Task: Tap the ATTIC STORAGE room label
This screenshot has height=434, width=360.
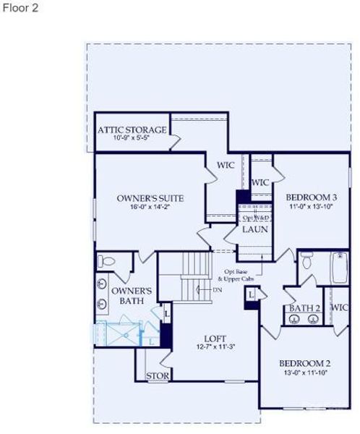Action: pos(132,130)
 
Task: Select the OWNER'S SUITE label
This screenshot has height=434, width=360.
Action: pos(150,197)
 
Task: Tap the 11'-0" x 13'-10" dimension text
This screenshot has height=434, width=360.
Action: pos(311,207)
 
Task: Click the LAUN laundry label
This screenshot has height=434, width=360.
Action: pos(254,229)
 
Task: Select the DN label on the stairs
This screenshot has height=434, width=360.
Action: pos(217,290)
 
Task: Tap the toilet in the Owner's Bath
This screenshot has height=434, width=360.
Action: pos(103,261)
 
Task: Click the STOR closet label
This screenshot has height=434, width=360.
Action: pos(157,376)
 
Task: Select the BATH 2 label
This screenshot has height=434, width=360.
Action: pos(304,309)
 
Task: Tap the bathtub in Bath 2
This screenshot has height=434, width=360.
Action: pos(338,270)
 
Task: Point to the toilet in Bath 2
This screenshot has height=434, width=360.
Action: pos(307,262)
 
